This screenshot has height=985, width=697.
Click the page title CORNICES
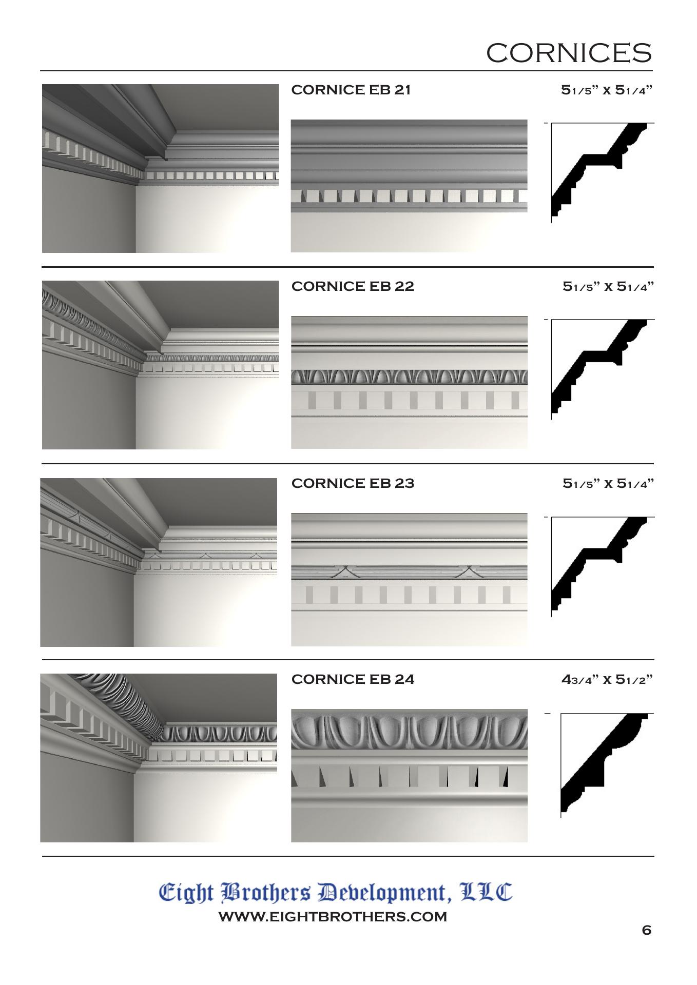569,53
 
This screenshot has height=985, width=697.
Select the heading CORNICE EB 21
351,90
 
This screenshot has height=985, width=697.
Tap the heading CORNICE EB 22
353,286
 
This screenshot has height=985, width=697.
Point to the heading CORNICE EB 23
353,483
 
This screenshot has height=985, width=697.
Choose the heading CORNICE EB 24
353,679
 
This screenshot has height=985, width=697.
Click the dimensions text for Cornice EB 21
607,90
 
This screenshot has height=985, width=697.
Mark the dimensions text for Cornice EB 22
608,287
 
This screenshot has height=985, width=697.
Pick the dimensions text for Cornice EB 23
608,484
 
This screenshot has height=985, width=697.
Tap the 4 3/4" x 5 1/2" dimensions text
607,680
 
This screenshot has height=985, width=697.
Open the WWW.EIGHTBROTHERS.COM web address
333,917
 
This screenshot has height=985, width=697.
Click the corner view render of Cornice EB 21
161,168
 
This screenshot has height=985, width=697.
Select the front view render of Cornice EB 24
409,776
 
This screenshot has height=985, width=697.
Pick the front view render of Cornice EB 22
409,383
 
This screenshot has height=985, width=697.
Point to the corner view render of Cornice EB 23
159,563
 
